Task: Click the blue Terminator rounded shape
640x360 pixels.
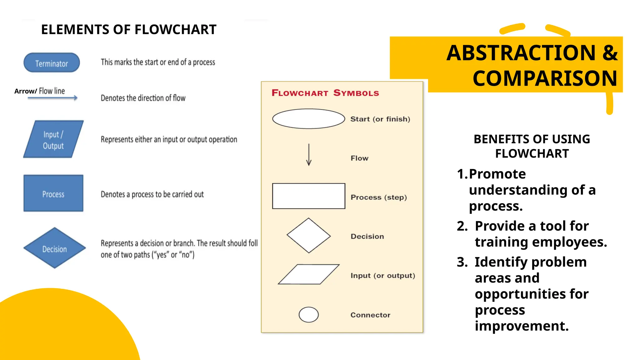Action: (52, 63)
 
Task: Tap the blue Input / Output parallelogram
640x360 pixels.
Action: (53, 139)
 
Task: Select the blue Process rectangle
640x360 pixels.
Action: (53, 193)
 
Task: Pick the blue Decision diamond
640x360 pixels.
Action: (55, 248)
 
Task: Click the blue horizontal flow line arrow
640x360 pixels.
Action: (52, 98)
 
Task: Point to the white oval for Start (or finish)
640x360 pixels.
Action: (308, 119)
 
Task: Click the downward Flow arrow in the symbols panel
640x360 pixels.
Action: (309, 155)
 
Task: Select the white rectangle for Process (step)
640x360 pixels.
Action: (308, 196)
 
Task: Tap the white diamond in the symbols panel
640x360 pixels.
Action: (308, 235)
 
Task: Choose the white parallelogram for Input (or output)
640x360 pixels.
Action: (308, 274)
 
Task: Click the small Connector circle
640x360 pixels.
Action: (308, 314)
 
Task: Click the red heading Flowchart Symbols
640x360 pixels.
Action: (325, 93)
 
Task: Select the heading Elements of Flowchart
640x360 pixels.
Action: (129, 30)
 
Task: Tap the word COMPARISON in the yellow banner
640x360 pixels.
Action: (545, 78)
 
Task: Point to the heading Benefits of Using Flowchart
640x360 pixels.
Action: (532, 146)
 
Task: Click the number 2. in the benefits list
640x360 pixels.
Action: (462, 226)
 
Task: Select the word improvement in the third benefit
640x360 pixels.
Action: (522, 326)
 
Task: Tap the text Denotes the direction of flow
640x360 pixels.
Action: (143, 98)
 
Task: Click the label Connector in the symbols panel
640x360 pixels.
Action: (370, 315)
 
